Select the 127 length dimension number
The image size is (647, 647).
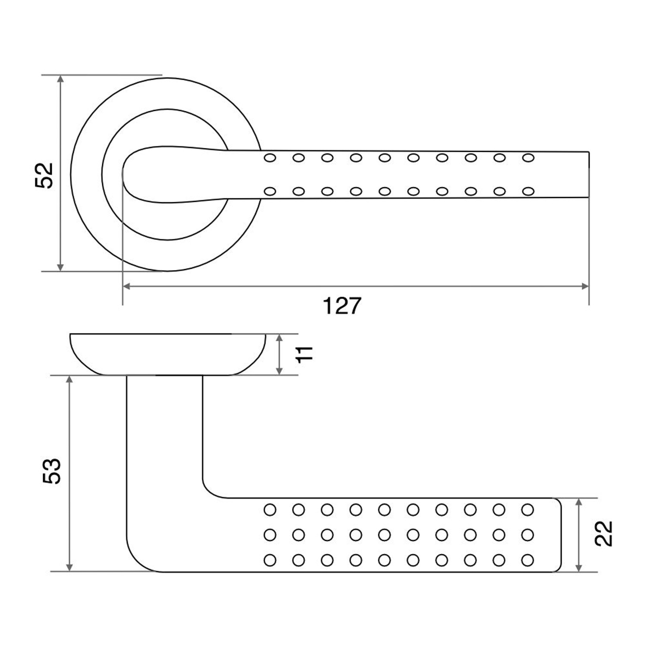click(342, 306)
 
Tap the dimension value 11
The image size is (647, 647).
click(305, 354)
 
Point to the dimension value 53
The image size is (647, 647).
click(52, 471)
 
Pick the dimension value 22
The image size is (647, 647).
click(603, 534)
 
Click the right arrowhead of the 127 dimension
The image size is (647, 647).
click(585, 286)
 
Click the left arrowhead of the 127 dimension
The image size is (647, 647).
click(127, 286)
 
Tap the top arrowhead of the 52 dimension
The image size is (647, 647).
click(60, 79)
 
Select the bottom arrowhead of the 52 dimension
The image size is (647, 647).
click(60, 267)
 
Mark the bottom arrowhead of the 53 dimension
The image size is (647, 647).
click(69, 567)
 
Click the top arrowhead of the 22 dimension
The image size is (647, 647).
click(579, 503)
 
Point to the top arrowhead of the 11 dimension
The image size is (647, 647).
click(280, 339)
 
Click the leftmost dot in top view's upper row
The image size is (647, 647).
click(270, 158)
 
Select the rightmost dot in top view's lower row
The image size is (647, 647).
click(528, 191)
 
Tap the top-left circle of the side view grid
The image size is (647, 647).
click(270, 510)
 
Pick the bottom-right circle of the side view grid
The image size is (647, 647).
click(528, 560)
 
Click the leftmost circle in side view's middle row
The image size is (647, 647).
click(270, 535)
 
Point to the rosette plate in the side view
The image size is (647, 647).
click(167, 354)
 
